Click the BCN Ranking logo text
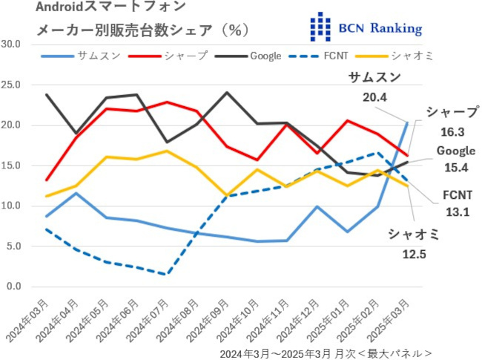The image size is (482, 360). pos(378,29)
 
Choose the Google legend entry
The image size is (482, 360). pos(265,56)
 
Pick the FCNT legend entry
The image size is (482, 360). pos(334,56)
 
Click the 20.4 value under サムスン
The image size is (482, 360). pos(375,96)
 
